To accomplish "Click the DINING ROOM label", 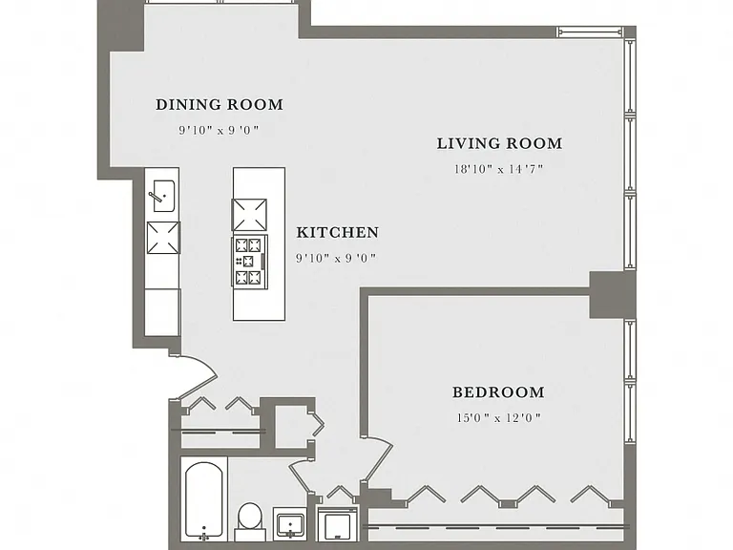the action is point(220,104).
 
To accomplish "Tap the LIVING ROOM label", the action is point(499,143).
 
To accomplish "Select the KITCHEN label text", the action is point(338,232).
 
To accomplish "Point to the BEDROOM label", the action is point(498,391).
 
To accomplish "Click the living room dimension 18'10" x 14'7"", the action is point(499,169).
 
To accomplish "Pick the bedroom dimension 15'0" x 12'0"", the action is point(499,417).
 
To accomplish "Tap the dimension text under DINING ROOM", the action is point(219,130).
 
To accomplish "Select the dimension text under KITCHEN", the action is point(336,258).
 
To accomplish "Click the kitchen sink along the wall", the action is point(162,196).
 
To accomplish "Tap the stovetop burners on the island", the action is point(249,261).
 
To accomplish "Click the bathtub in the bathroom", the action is point(204,499).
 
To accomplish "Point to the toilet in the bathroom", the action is point(250,521).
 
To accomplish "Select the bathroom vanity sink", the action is point(290,523).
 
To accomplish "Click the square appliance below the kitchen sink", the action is point(163,238).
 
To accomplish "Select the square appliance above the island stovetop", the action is point(250,215).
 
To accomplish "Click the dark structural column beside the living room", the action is point(613,295).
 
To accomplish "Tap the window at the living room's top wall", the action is point(590,32).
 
